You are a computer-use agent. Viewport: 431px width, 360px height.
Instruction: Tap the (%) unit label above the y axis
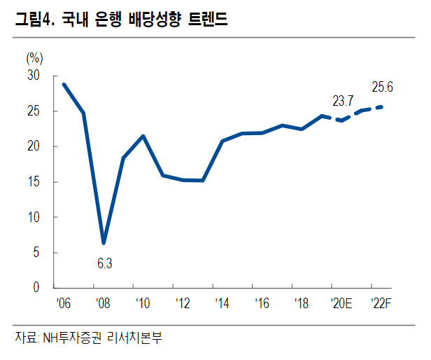pos(34,58)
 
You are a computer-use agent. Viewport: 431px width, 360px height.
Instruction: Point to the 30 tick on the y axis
pos(34,76)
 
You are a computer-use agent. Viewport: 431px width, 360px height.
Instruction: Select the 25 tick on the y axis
pos(34,111)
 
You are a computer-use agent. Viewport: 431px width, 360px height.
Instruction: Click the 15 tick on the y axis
pos(34,182)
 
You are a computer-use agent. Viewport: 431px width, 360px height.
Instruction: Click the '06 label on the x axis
pos(64,304)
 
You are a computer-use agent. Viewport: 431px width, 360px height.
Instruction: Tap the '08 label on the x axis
pos(104,304)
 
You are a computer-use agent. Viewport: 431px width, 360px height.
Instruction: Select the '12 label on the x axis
pos(183,304)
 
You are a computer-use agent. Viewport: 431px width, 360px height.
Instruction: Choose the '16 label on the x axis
pos(262,304)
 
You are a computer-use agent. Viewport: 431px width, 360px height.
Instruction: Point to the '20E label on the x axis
pos(341,304)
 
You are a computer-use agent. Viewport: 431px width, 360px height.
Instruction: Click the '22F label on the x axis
pos(381,304)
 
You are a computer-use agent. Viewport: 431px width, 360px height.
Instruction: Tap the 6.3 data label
pos(104,264)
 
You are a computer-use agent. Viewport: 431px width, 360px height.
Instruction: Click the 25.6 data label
pos(382,87)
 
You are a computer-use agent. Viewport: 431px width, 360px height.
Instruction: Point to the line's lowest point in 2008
pos(104,243)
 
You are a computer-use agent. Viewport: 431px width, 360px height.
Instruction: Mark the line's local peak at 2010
pos(143,136)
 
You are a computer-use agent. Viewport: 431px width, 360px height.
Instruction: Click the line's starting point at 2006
pos(64,84)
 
